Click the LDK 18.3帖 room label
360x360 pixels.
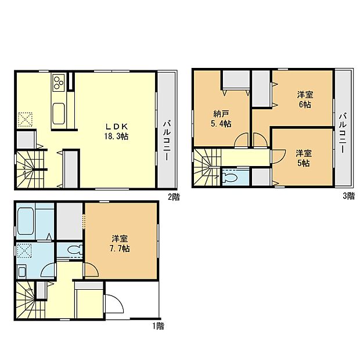pos(117,131)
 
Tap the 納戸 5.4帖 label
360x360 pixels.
pos(221,119)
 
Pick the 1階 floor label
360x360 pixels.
pos(158,326)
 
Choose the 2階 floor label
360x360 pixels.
pos(174,197)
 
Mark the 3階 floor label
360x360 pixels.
pos(348,197)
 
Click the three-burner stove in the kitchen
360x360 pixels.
pos(59,85)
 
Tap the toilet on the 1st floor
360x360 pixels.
pos(71,250)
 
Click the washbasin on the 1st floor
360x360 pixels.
pos(22,272)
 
